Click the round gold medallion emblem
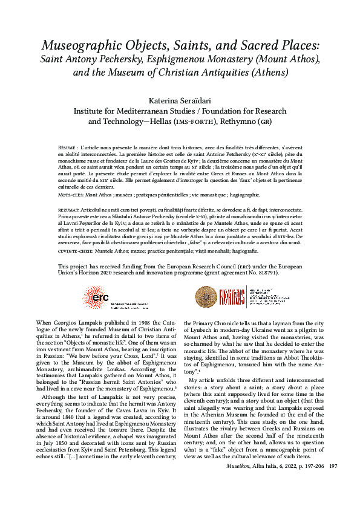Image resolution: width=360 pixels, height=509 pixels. [x=206, y=296]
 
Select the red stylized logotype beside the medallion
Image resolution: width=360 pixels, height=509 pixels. [x=233, y=296]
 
